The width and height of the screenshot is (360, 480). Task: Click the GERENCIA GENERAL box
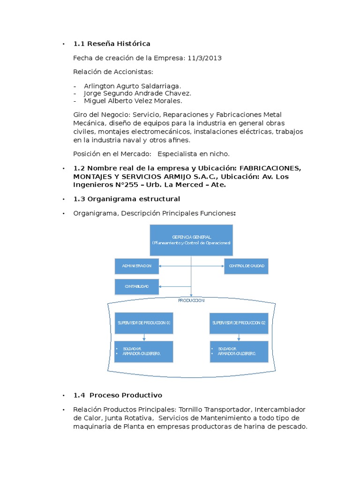[x=191, y=240]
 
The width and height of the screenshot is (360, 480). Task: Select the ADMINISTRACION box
[x=137, y=266]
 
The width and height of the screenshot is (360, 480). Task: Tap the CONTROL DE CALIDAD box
[x=246, y=266]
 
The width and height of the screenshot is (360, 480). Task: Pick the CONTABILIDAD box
[x=137, y=286]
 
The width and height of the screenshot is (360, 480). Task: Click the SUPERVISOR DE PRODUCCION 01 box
[x=144, y=322]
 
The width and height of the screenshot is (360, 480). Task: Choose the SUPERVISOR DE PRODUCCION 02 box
[x=239, y=322]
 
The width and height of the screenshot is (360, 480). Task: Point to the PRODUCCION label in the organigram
[x=191, y=300]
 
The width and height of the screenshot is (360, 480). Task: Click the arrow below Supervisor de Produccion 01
[x=144, y=337]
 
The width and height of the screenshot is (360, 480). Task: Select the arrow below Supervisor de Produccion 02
[x=239, y=337]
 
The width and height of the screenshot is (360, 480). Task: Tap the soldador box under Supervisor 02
[x=239, y=352]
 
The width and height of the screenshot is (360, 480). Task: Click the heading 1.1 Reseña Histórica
[x=112, y=44]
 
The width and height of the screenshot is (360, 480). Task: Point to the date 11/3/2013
[x=204, y=58]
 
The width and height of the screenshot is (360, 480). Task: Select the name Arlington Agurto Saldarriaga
[x=132, y=86]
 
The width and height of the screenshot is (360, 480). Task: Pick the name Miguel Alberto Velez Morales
[x=133, y=100]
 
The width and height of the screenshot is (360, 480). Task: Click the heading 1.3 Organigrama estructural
[x=127, y=199]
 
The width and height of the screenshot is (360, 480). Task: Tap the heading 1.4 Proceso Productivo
[x=118, y=395]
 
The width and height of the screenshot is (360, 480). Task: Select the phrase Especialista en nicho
[x=194, y=154]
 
